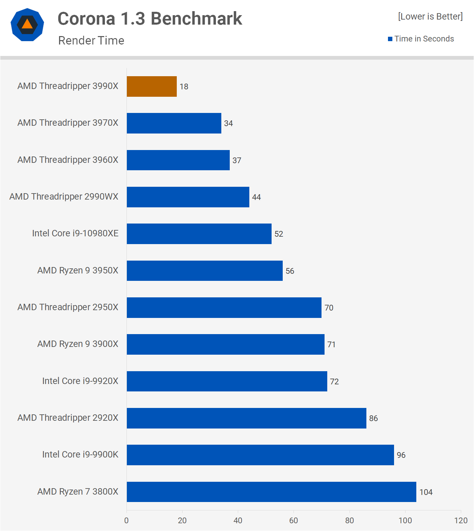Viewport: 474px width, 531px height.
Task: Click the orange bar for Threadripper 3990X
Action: click(152, 87)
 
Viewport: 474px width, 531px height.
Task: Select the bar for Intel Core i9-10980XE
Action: click(199, 234)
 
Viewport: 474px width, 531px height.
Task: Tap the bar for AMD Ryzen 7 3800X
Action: click(272, 492)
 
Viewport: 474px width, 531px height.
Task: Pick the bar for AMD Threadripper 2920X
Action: click(247, 418)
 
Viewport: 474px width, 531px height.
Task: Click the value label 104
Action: click(426, 492)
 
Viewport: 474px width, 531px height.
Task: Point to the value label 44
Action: click(256, 197)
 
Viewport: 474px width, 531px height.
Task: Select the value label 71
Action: click(331, 345)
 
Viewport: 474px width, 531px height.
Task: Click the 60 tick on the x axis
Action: click(294, 521)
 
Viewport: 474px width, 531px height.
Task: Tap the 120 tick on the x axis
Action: click(461, 521)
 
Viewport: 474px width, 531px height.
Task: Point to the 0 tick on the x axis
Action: click(127, 521)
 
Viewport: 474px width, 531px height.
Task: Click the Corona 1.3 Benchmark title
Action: click(150, 19)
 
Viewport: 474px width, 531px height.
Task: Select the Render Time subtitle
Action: click(91, 40)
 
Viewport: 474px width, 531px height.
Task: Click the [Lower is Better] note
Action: click(430, 17)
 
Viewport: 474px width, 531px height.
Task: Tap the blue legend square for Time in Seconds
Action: click(390, 39)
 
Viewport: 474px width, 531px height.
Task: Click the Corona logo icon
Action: click(27, 25)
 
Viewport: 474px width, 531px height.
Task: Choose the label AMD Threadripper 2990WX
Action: click(64, 197)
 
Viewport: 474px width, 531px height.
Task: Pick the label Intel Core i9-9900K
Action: click(80, 454)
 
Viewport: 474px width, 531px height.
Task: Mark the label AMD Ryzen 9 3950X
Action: click(78, 270)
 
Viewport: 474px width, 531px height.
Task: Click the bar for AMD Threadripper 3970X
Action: click(174, 123)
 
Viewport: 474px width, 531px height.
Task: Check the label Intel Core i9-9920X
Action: click(80, 381)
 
